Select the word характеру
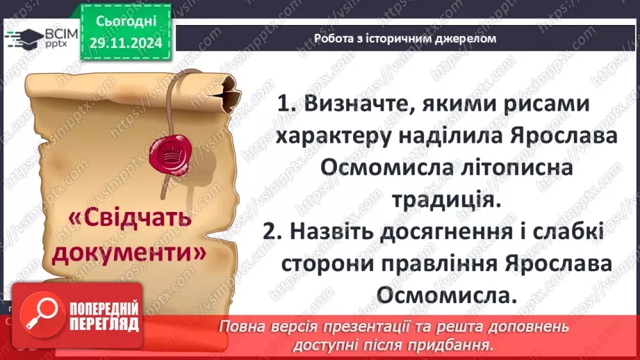(339, 138)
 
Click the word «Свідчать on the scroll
(129, 219)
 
